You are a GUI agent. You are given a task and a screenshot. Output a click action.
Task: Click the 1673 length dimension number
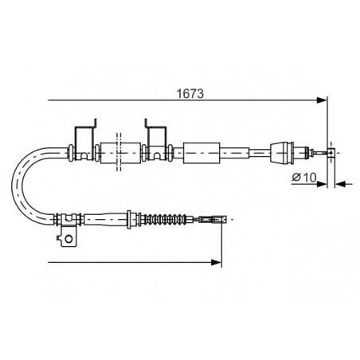(x=190, y=93)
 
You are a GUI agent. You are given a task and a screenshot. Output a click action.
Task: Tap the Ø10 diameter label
(x=304, y=178)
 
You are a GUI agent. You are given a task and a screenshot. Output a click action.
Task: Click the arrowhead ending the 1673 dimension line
(x=322, y=100)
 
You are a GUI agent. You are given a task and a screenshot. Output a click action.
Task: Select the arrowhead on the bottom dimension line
(x=216, y=263)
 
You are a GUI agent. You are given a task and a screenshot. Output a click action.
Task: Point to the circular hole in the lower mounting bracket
(x=68, y=239)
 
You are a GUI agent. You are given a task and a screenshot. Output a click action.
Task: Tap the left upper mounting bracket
(x=85, y=140)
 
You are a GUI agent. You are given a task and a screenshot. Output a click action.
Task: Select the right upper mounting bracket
(x=156, y=140)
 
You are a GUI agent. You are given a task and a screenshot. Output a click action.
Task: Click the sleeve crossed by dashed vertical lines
(x=120, y=153)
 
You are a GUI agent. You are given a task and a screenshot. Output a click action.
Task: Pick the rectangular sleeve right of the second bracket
(x=202, y=153)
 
